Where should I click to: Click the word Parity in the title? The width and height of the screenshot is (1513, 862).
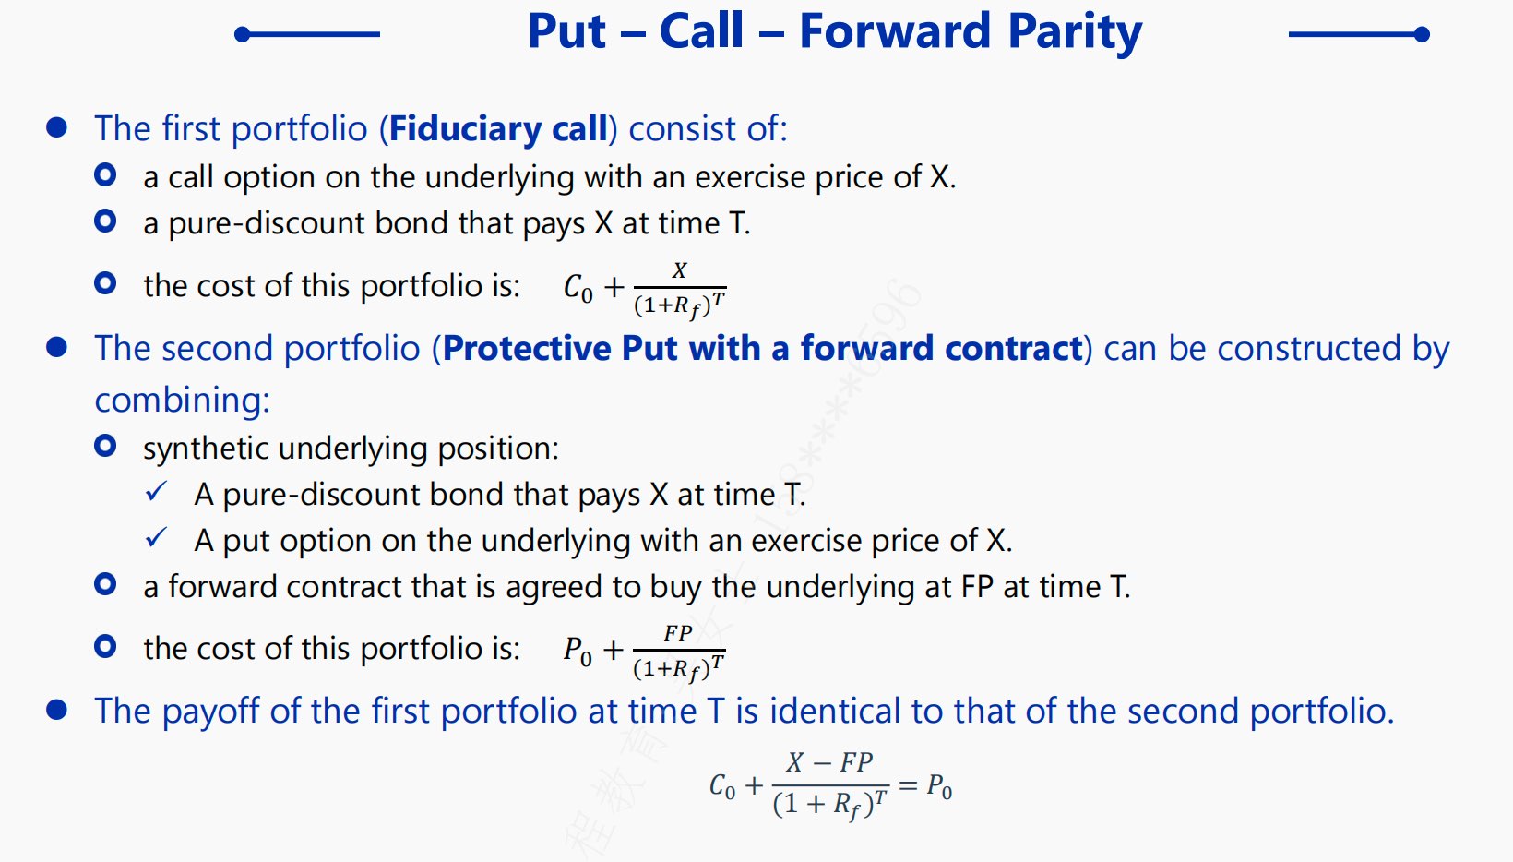click(1075, 32)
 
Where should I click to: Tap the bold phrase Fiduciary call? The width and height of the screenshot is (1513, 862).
click(498, 127)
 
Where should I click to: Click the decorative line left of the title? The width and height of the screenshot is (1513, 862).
click(307, 34)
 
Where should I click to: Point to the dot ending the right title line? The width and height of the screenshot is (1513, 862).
click(1422, 34)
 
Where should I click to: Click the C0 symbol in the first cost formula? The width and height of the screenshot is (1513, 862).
click(578, 289)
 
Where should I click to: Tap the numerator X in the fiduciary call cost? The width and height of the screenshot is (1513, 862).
click(679, 270)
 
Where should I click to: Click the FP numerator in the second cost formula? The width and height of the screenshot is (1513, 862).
click(677, 633)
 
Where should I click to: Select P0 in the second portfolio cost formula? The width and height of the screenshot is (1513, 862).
click(578, 652)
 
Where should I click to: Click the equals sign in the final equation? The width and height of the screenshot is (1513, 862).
click(909, 785)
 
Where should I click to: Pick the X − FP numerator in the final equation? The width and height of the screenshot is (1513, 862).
click(830, 762)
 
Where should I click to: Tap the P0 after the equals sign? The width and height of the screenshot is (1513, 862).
click(939, 786)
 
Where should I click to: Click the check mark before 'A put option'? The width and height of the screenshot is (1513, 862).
click(156, 538)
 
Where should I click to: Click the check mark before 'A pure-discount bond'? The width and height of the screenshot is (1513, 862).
click(156, 491)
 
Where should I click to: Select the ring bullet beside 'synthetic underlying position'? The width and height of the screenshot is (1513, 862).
click(105, 446)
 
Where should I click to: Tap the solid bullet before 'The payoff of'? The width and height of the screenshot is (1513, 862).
click(57, 710)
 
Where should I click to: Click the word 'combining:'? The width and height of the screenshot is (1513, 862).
click(183, 400)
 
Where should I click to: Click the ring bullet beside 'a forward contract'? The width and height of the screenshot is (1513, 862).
click(105, 583)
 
